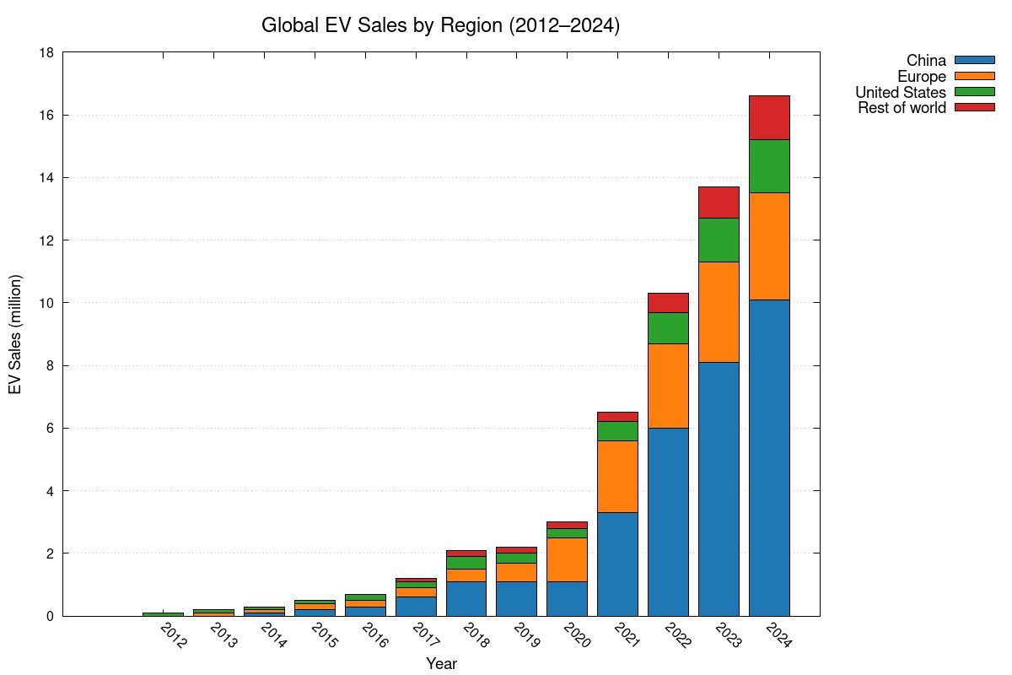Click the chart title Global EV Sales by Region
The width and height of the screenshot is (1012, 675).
point(440,25)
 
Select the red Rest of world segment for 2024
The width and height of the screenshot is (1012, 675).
point(769,117)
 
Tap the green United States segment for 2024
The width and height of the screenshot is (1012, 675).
point(769,166)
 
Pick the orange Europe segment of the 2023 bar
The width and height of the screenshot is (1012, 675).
point(719,312)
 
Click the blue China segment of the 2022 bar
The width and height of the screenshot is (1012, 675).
point(668,521)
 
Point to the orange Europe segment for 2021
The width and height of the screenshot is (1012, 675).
point(617,477)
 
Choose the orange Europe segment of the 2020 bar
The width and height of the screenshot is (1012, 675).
point(567,559)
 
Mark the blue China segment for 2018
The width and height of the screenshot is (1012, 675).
point(466,598)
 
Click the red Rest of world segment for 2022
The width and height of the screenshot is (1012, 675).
point(668,303)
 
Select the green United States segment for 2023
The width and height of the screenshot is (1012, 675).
point(719,240)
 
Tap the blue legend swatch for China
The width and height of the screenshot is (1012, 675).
point(975,60)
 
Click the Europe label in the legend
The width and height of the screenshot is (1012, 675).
point(921,76)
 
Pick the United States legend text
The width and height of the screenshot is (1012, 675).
point(901,92)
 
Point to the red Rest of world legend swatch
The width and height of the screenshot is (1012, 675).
point(975,107)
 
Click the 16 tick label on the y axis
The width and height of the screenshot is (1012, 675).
point(47,116)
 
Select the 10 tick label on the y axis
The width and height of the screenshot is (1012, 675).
point(47,303)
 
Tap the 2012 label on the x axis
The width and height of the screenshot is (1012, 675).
point(174,635)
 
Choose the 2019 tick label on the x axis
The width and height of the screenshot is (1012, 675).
point(527,635)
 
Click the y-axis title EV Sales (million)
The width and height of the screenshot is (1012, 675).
point(15,334)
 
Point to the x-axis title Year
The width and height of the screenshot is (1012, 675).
point(441,664)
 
